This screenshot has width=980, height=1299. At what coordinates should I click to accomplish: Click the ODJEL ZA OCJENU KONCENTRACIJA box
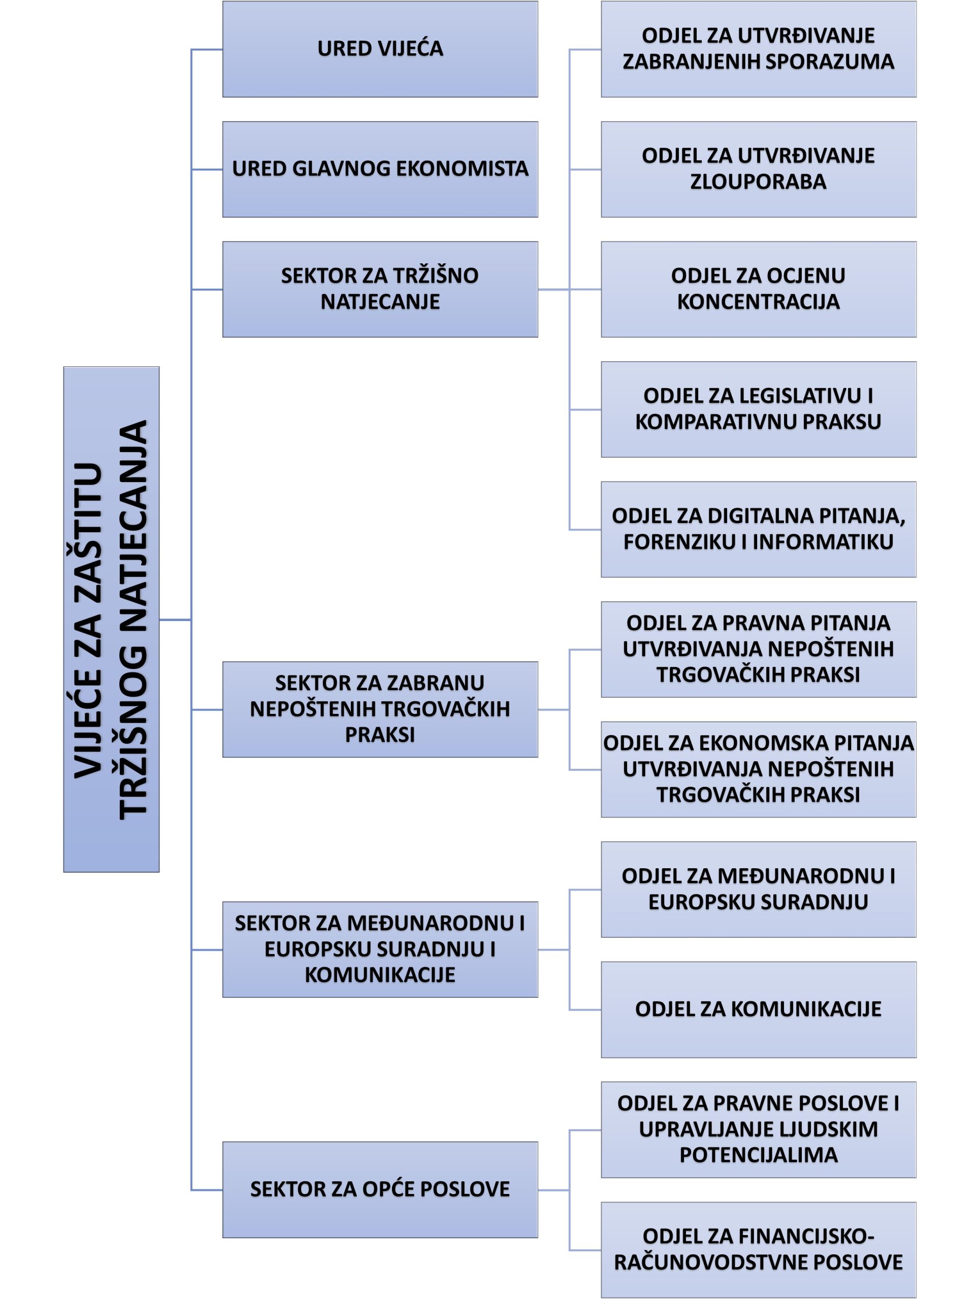(x=758, y=289)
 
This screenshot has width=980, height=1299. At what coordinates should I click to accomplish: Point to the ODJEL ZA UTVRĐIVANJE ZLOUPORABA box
(x=758, y=169)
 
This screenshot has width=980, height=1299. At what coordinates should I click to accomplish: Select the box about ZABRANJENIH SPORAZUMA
(x=758, y=49)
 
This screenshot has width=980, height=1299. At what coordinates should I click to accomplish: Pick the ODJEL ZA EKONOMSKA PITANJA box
(x=758, y=769)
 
